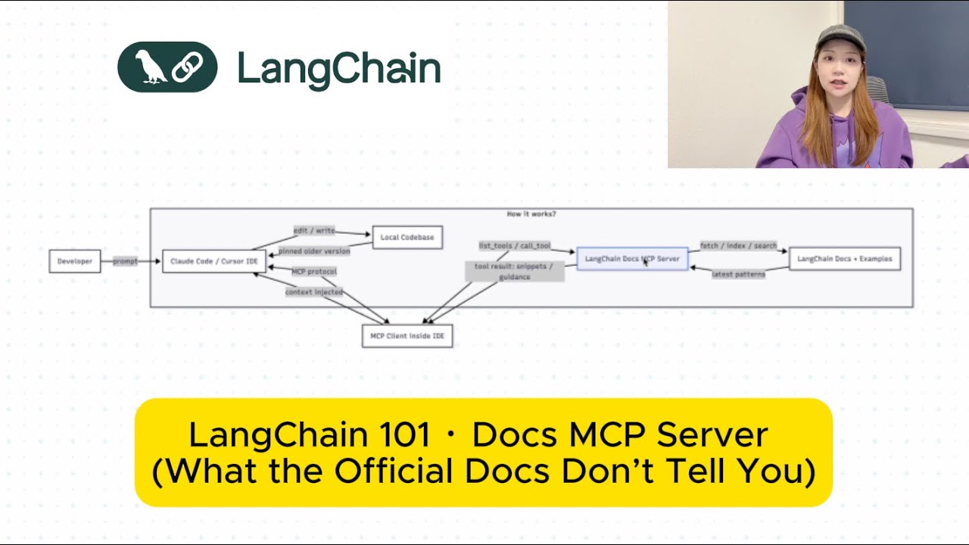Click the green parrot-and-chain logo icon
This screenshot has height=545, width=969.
pyautogui.click(x=167, y=67)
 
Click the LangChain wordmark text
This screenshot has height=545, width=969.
pyautogui.click(x=338, y=69)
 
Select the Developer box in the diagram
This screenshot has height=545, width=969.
pyautogui.click(x=75, y=261)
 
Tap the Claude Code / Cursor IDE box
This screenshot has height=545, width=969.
pyautogui.click(x=214, y=261)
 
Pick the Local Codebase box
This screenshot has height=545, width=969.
pyautogui.click(x=407, y=237)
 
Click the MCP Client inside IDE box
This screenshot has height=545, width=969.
pyautogui.click(x=407, y=335)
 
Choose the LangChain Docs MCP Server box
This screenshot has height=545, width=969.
pyautogui.click(x=632, y=259)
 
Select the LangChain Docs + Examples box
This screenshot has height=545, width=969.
pyautogui.click(x=845, y=259)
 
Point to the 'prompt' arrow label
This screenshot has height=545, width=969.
pyautogui.click(x=126, y=261)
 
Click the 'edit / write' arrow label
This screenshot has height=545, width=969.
pyautogui.click(x=314, y=230)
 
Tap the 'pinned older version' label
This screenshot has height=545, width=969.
pyautogui.click(x=314, y=251)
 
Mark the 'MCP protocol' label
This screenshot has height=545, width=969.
pyautogui.click(x=314, y=271)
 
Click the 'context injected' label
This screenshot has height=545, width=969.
pyautogui.click(x=314, y=291)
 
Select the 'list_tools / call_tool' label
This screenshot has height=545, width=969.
pyautogui.click(x=515, y=246)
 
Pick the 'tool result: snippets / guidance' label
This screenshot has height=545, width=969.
pyautogui.click(x=515, y=272)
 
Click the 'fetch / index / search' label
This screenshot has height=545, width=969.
pyautogui.click(x=738, y=246)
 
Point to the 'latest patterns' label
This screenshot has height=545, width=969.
pyautogui.click(x=738, y=274)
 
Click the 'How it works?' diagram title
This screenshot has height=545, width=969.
pyautogui.click(x=531, y=214)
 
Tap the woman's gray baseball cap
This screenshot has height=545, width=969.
pyautogui.click(x=838, y=38)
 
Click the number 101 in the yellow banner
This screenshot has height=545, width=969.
pyautogui.click(x=402, y=435)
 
